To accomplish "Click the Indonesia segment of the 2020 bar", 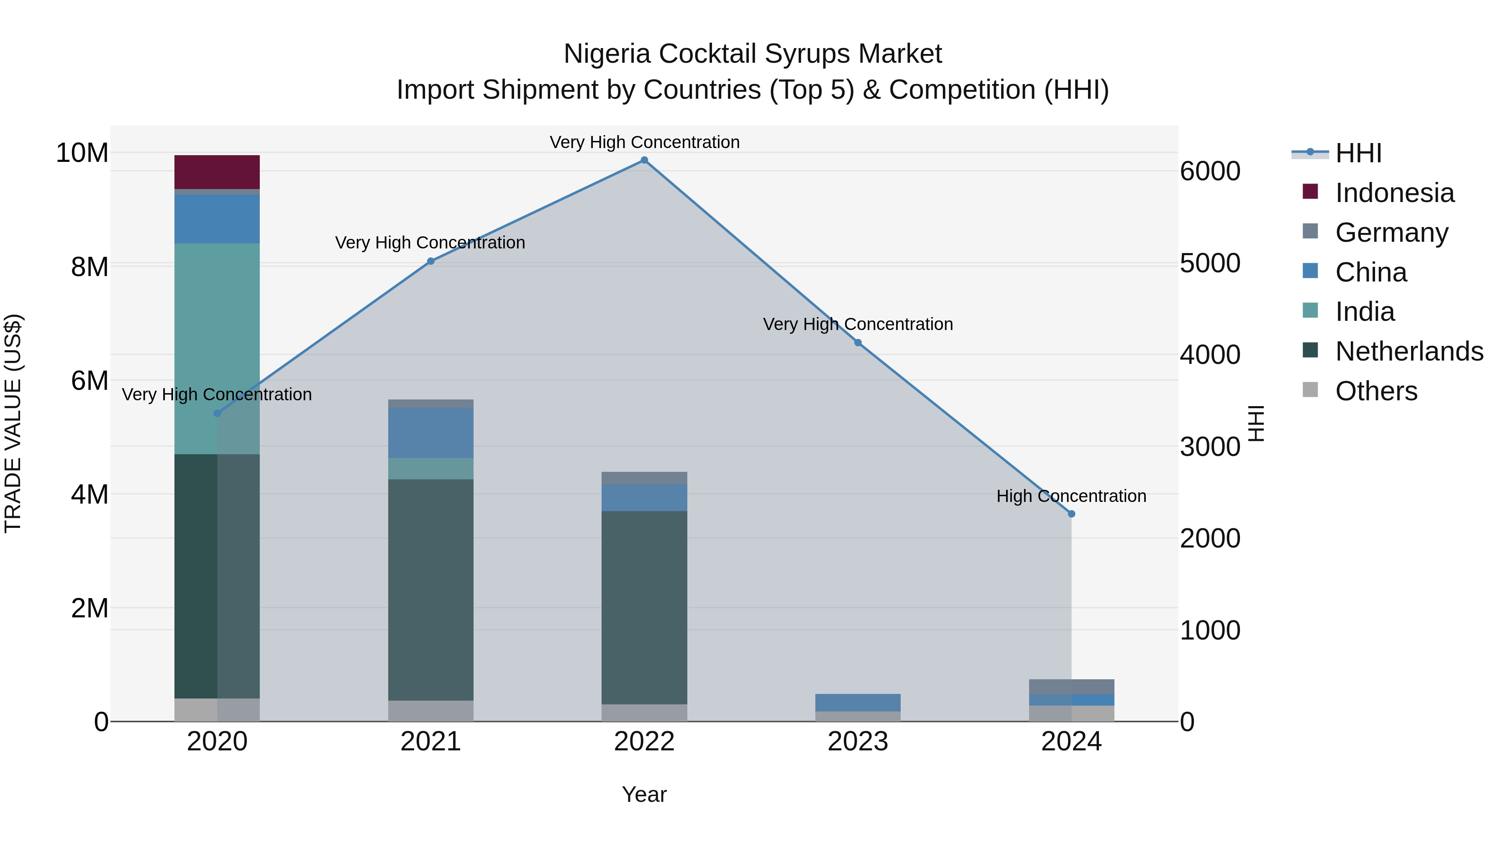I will click(217, 172).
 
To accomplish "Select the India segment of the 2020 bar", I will click(217, 348).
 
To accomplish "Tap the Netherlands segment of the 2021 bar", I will click(431, 589).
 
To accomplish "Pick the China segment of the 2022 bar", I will click(644, 497).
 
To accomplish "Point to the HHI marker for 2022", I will click(644, 160).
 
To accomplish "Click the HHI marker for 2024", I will click(1072, 514).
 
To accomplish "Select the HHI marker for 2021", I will click(431, 261).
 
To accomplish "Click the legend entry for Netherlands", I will click(1409, 351).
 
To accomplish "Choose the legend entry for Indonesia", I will click(1394, 193).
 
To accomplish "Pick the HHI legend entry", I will click(1358, 153).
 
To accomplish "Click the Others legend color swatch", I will click(1310, 390).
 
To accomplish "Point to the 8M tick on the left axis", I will click(90, 267).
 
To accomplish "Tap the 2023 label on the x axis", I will click(858, 742).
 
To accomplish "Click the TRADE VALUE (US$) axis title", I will click(13, 423).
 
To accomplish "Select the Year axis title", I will click(644, 794).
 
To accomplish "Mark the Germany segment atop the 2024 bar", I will click(1072, 686).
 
